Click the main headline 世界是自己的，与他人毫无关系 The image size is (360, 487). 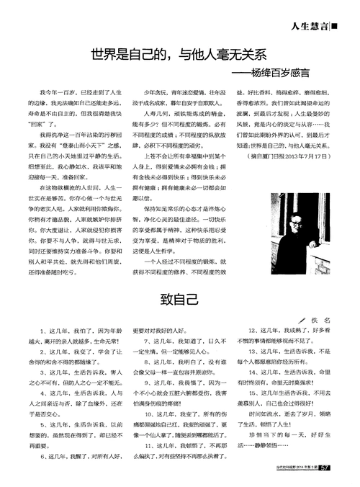coord(179,53)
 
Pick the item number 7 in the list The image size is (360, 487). coord(148,341)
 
